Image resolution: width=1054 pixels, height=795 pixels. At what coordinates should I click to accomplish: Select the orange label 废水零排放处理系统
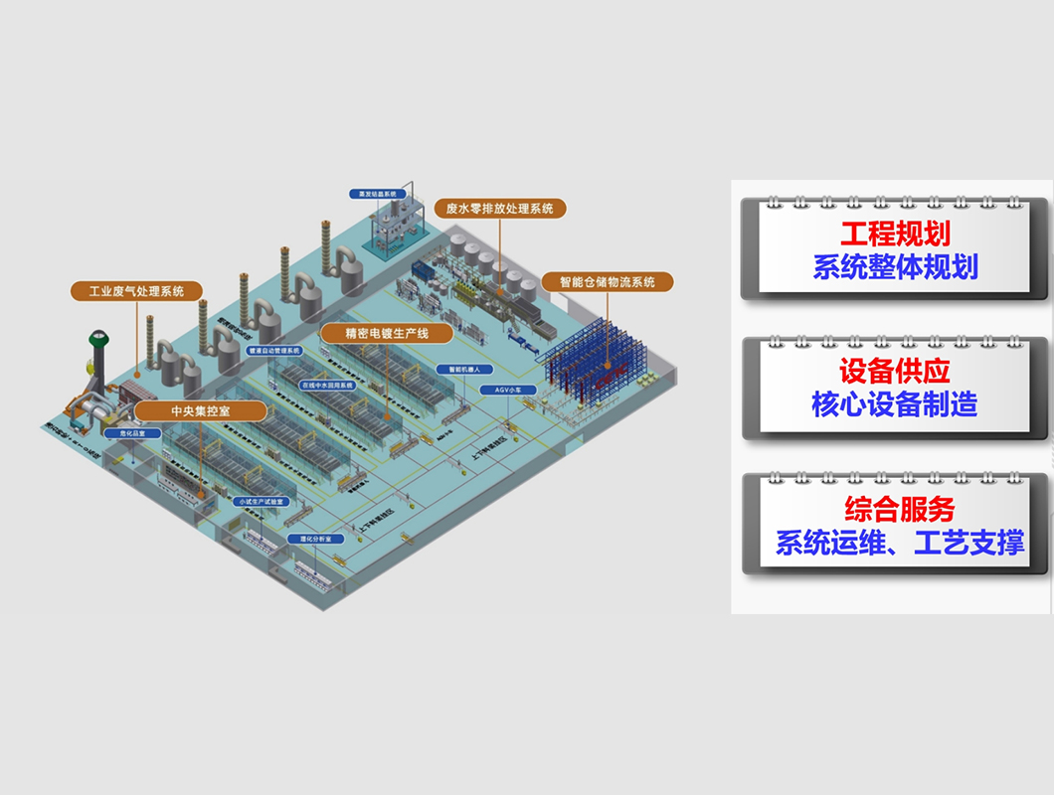(500, 209)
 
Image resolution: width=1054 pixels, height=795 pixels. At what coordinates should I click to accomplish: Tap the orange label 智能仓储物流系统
(607, 282)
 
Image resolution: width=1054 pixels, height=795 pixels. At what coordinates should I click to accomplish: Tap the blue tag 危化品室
(133, 433)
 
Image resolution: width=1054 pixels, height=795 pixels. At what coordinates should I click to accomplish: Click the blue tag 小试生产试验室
(261, 502)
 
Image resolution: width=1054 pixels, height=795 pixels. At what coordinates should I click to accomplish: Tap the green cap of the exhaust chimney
(99, 339)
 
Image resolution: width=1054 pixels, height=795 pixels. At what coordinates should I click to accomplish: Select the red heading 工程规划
(895, 234)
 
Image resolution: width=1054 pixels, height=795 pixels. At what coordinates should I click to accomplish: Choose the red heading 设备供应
(895, 371)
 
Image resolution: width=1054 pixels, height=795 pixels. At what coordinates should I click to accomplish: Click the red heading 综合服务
(899, 510)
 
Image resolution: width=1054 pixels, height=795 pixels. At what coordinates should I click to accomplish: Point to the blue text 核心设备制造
(895, 404)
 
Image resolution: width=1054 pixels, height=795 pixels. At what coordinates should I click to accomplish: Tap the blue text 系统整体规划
(895, 267)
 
